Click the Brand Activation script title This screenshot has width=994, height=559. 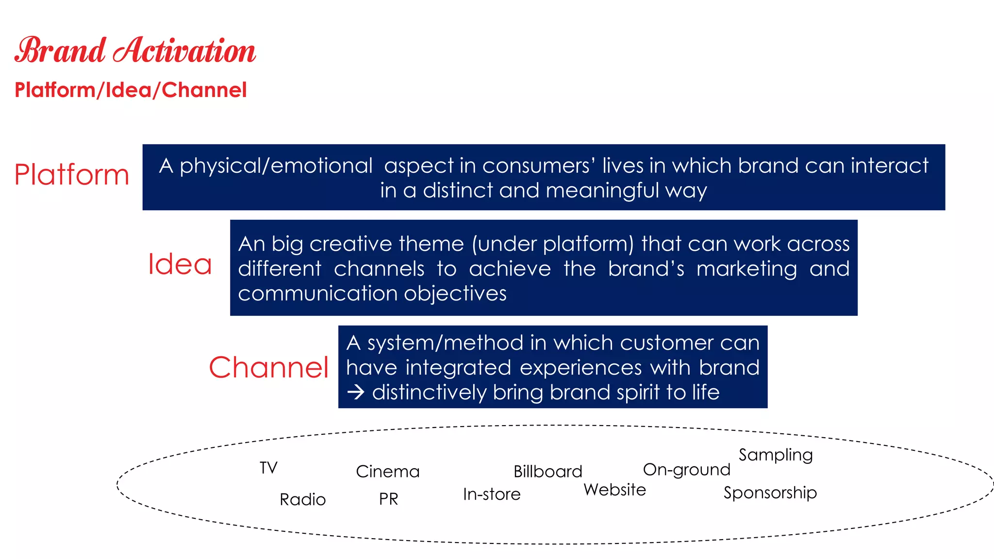[135, 50]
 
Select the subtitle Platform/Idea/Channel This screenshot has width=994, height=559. [131, 90]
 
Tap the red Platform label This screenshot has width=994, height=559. [72, 175]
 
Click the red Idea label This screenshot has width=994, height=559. [180, 264]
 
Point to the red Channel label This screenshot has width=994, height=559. [269, 367]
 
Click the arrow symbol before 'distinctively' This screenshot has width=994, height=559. [356, 392]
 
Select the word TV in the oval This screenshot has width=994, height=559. [268, 468]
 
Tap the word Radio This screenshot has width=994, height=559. [302, 499]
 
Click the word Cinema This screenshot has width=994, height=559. [387, 472]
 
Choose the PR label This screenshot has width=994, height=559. [388, 499]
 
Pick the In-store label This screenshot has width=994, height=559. [492, 494]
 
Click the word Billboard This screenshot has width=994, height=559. [547, 472]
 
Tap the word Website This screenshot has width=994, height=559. [614, 490]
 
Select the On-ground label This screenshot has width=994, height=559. [686, 470]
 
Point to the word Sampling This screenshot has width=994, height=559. [775, 455]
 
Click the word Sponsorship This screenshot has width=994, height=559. [770, 493]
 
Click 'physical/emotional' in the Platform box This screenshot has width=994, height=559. [276, 166]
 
